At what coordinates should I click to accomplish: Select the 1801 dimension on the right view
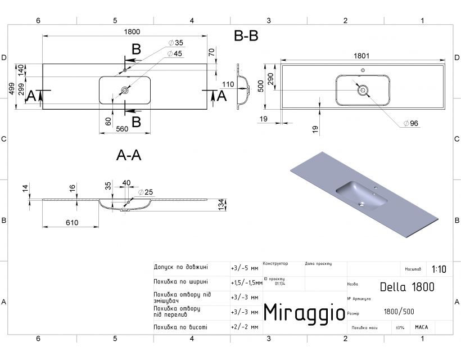tap(361, 56)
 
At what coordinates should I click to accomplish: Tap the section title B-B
tap(246, 37)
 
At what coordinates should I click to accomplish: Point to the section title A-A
tap(128, 156)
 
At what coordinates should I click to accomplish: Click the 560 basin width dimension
tap(122, 129)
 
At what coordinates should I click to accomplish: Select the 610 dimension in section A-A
tap(71, 223)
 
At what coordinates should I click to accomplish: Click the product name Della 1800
tap(407, 287)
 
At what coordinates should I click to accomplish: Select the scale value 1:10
tap(440, 269)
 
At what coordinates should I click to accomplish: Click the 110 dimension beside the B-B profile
tap(228, 84)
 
